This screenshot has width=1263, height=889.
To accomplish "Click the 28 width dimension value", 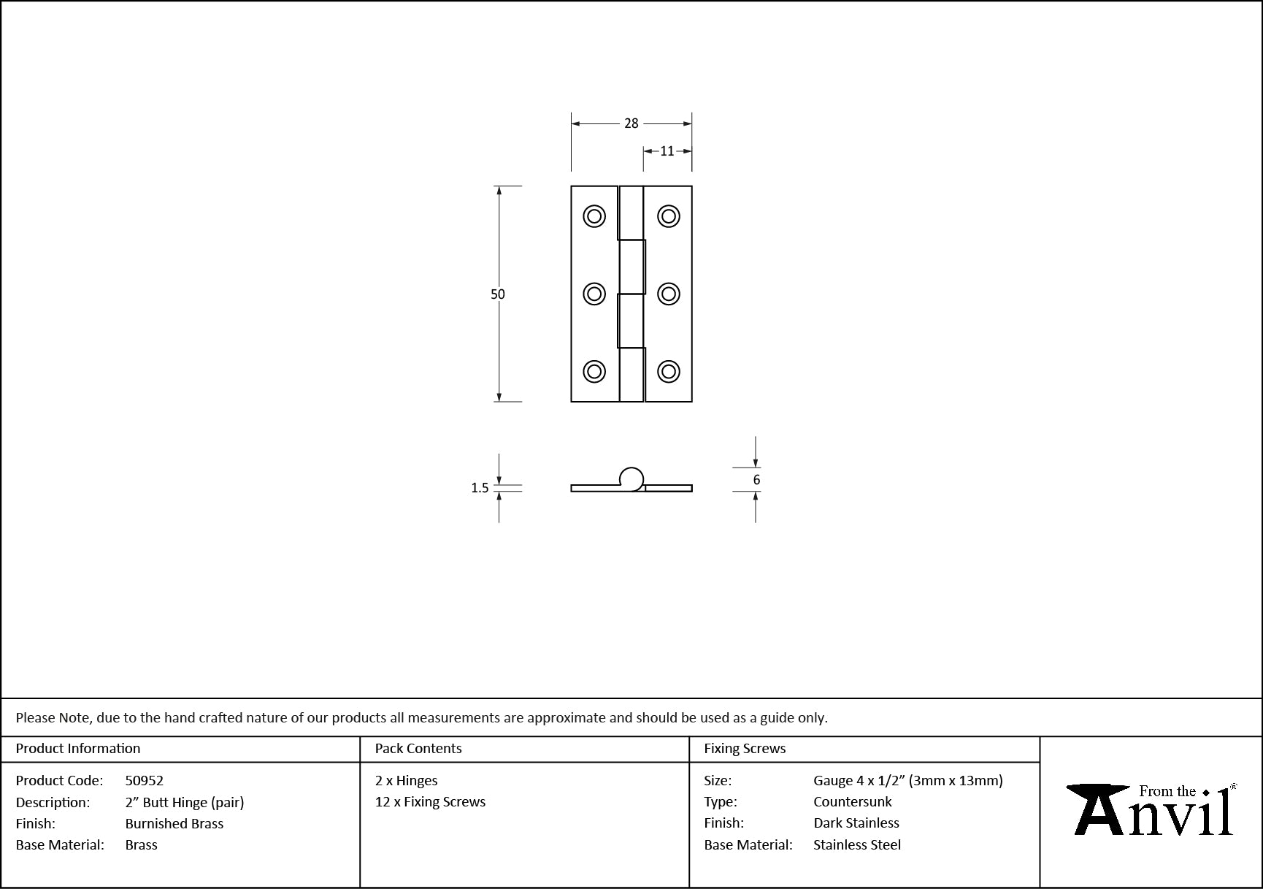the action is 631,123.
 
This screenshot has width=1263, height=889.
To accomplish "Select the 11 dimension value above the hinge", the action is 667,151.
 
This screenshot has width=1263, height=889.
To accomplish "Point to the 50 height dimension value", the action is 498,294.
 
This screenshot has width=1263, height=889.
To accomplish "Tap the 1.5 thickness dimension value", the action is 480,488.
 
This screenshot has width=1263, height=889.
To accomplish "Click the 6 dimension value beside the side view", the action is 756,480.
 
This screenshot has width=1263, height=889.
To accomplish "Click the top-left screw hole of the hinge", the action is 594,216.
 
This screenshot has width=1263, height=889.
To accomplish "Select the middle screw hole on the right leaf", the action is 669,294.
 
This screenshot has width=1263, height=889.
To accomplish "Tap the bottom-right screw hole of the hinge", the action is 669,371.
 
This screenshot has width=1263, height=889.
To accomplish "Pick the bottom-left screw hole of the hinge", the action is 594,371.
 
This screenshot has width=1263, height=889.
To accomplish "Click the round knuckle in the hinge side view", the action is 632,479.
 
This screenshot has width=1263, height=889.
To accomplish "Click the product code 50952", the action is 145,781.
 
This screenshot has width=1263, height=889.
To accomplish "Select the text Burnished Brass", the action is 174,823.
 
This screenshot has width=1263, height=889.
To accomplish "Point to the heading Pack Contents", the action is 418,749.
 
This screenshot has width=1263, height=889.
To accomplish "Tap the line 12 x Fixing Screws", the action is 430,802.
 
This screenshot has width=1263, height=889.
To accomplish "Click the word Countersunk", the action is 853,802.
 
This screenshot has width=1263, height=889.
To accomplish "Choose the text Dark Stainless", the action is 856,823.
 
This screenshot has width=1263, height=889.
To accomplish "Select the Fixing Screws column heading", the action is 745,749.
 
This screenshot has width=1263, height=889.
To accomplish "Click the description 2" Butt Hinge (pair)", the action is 185,803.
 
